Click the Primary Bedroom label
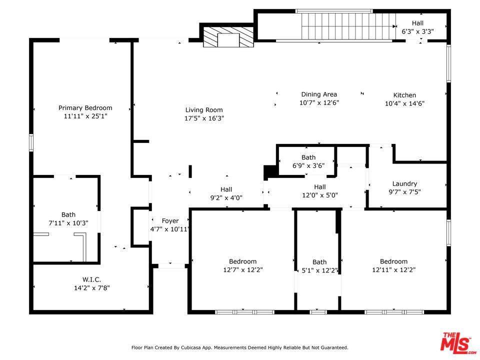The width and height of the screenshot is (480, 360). coord(85,108)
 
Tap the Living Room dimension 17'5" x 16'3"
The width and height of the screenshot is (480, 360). coord(204,118)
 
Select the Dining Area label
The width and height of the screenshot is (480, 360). coord(319,94)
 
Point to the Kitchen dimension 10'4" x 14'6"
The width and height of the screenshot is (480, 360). coord(404,103)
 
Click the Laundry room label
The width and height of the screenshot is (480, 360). coord(404,183)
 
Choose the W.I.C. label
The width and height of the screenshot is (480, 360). coord(91,279)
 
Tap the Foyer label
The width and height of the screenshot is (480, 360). coord(170,220)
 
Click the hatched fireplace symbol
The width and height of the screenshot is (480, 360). coord(228,37)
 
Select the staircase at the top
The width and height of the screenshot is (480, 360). coord(347,26)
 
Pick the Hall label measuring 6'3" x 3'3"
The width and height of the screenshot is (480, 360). coord(417,23)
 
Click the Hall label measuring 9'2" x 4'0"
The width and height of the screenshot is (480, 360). coord(226,189)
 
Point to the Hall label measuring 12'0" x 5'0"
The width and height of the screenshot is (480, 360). coord(320,186)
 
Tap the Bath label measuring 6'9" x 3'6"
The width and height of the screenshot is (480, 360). coord(308,157)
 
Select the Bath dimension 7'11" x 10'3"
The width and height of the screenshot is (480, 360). coord(68,223)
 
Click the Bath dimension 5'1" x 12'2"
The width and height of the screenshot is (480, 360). coord(319,270)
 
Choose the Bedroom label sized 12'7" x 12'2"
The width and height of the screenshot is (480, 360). coord(243,261)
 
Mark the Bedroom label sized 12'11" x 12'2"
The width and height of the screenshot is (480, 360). coord(393,261)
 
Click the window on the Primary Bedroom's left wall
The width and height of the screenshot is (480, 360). coord(31,142)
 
